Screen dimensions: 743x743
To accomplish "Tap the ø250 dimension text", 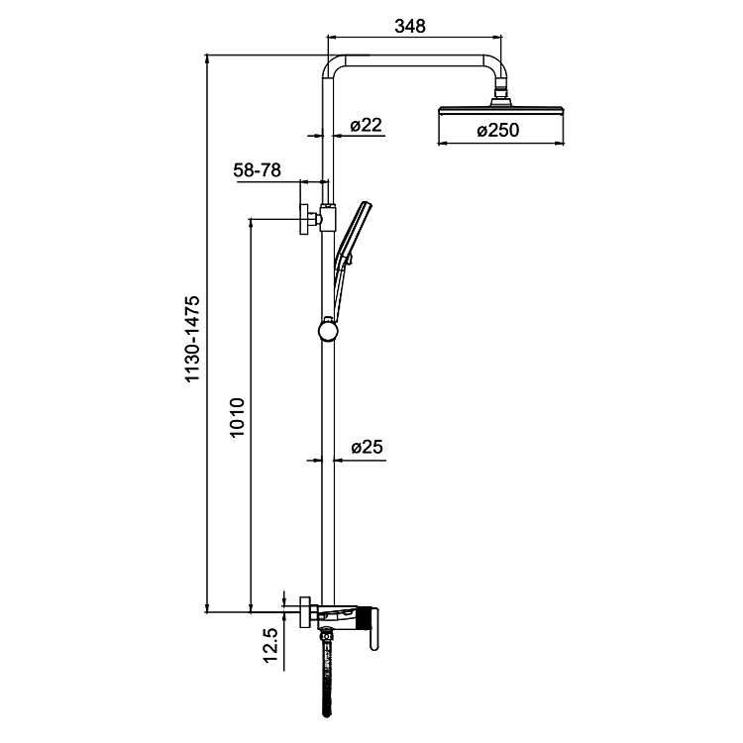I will click(497, 130).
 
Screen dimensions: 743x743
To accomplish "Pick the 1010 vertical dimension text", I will click(238, 419).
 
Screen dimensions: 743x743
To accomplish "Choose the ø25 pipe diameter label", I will click(367, 448).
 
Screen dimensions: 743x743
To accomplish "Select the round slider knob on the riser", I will click(327, 327).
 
